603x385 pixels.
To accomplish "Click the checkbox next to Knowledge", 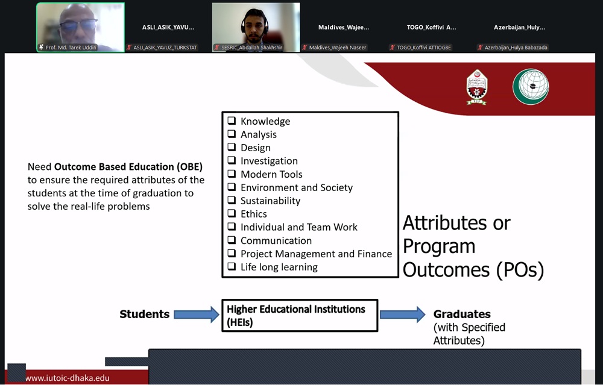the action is pos(232,121).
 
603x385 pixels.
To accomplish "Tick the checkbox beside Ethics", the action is pos(232,213).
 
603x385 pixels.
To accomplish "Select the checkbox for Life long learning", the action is pos(232,266).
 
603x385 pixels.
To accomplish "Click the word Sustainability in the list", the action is pos(270,201).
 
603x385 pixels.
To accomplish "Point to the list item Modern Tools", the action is pos(271,175).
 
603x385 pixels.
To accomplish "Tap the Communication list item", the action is pos(276,240).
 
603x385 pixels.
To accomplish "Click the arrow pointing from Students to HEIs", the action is pos(197,315).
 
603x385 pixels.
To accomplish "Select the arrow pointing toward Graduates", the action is pos(403,315).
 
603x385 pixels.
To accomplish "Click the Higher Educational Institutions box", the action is pos(300,316).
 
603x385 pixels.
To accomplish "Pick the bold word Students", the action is pos(145,315).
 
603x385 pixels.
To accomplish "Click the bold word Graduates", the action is pos(462,315).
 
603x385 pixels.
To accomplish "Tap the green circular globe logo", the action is pos(531,87).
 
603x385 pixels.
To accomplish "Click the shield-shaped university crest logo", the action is pos(477,87).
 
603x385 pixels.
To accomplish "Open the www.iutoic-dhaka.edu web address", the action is pos(68,378).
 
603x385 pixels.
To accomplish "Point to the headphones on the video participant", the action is pos(254,24).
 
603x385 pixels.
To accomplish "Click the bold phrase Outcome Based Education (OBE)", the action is pos(128,167).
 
